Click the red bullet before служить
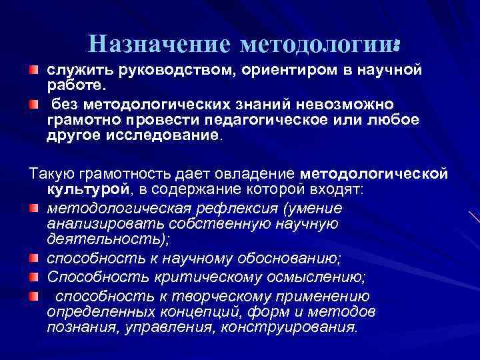pyautogui.click(x=33, y=70)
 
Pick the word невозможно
pyautogui.click(x=347, y=105)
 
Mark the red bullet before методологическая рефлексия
pyautogui.click(x=33, y=209)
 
